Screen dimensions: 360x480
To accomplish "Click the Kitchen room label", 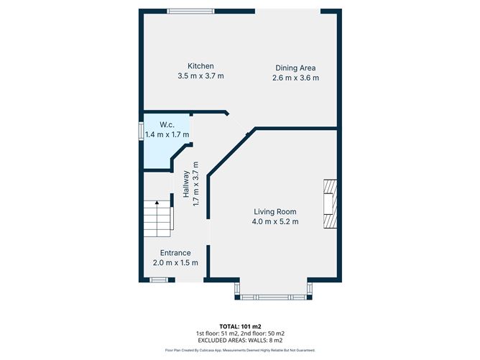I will click(x=200, y=66).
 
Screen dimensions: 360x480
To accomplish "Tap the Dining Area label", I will click(x=297, y=68).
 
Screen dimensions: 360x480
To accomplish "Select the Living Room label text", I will click(x=274, y=212).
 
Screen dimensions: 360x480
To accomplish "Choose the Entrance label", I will click(x=175, y=253).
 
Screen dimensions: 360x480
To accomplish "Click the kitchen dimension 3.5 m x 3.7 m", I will click(x=200, y=75).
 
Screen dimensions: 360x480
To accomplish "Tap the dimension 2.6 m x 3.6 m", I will click(x=297, y=78).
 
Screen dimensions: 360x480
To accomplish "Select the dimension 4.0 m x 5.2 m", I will click(x=274, y=222).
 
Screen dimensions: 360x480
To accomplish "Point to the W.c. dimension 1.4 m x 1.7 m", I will click(x=167, y=134).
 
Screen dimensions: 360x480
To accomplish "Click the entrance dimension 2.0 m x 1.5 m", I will click(x=175, y=263).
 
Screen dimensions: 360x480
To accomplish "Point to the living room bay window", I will click(x=273, y=295).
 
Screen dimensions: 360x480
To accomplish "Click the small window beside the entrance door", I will click(x=158, y=280).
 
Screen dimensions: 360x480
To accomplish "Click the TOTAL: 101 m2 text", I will click(x=240, y=326).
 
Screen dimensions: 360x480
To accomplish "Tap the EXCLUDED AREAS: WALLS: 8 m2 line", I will click(x=240, y=341).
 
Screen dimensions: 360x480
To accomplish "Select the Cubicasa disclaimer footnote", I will click(x=240, y=350).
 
